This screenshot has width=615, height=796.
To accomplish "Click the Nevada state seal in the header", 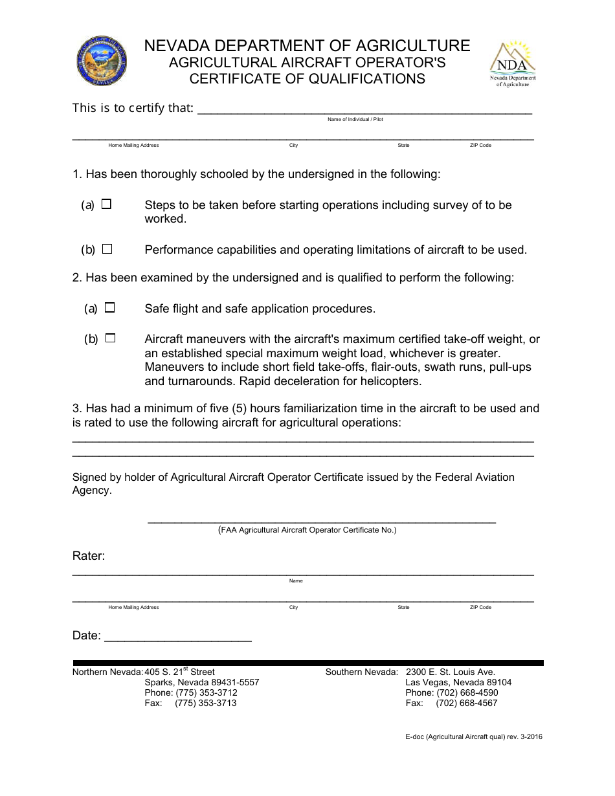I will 101,61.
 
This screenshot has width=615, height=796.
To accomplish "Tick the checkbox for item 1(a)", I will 107,204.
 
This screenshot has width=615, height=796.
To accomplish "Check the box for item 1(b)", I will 107,249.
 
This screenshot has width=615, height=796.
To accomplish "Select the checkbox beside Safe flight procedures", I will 110,308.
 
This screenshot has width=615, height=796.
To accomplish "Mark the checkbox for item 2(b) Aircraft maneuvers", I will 110,338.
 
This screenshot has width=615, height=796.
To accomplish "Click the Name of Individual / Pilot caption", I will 355,120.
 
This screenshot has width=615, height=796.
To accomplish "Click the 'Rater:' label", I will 89,556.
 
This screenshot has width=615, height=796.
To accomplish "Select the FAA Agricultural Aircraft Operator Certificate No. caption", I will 307,530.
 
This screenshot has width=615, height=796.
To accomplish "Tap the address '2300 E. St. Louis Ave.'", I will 450,672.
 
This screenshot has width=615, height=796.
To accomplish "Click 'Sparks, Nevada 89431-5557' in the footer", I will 201,682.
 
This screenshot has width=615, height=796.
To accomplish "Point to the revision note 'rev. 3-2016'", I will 524,736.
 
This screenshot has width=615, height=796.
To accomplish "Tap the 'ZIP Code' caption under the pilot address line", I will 480,146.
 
